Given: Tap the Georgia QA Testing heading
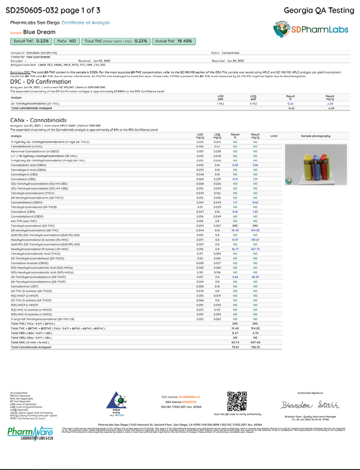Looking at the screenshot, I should pos(315,11).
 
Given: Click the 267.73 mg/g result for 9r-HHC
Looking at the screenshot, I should pos(255,233).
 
